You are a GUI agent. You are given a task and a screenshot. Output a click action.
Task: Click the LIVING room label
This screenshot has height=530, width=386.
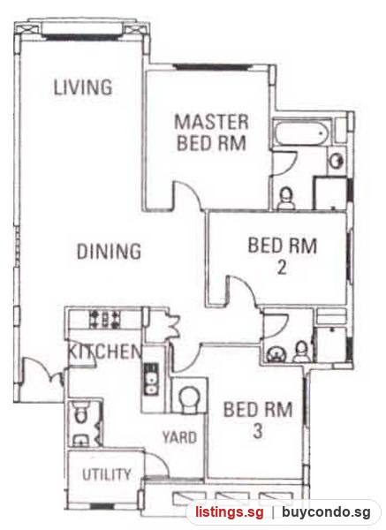83,87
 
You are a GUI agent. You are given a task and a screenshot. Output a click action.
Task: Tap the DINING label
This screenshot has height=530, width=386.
109,251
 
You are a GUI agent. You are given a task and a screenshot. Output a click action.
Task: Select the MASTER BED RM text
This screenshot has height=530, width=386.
211,132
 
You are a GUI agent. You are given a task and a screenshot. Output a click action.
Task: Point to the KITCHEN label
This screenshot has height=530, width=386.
105,352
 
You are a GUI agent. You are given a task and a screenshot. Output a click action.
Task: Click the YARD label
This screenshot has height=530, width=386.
179,437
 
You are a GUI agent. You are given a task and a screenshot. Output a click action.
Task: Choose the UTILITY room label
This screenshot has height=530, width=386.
107,474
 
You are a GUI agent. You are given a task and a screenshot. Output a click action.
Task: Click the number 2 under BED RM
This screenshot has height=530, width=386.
282,268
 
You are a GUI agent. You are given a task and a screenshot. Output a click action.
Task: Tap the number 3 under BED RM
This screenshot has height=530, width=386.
258,431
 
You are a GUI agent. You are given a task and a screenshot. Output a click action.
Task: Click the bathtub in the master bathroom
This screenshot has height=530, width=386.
300,132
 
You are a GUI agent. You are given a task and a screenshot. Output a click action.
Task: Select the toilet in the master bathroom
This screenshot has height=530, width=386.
286,199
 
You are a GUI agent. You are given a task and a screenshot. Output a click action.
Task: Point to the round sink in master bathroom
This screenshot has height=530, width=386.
337,162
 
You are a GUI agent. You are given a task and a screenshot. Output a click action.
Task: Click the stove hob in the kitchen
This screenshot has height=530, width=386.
105,320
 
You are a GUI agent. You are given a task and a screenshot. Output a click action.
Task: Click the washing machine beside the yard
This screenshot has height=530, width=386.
189,396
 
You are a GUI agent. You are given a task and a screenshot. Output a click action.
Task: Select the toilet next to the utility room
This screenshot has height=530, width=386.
80,413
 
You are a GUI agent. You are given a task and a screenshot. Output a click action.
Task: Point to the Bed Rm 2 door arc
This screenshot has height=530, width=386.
244,287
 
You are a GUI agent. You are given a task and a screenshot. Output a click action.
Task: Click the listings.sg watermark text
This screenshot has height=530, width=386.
230,512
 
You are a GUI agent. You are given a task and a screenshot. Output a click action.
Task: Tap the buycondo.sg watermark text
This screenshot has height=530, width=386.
326,512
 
